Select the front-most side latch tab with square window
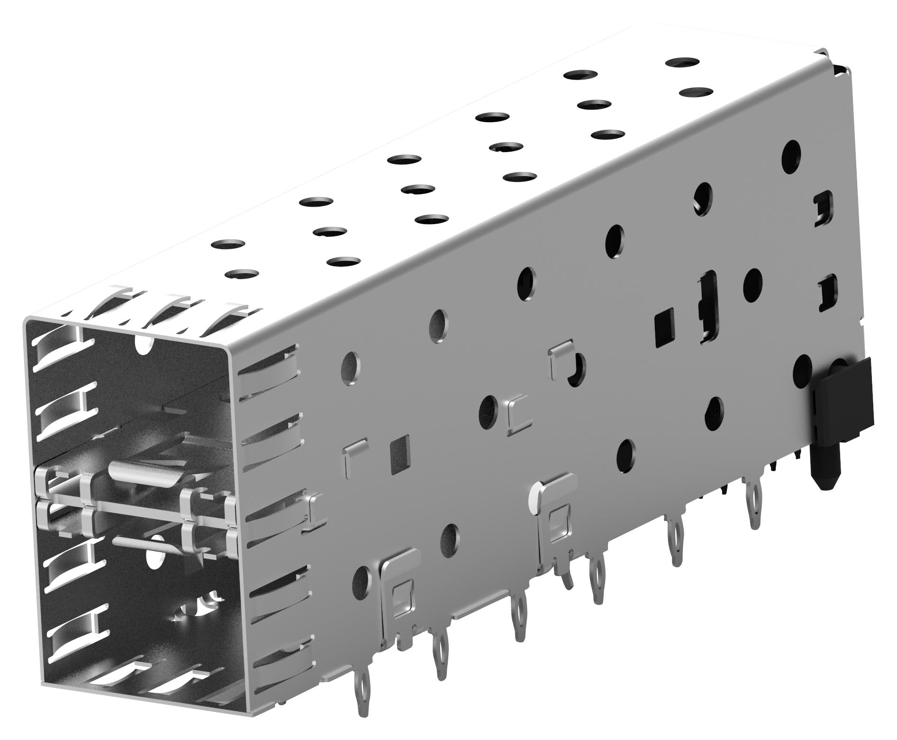coord(400,587)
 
